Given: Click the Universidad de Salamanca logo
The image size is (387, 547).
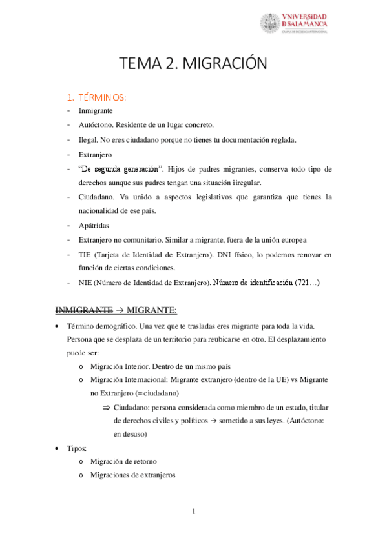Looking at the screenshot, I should [293, 23].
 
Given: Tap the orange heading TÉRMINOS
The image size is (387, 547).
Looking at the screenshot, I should [101, 97].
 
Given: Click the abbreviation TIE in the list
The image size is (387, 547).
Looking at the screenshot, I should [85, 254].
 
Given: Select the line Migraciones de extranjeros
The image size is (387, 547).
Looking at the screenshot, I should [132, 475].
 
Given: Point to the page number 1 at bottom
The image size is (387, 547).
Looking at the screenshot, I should [193, 512].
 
